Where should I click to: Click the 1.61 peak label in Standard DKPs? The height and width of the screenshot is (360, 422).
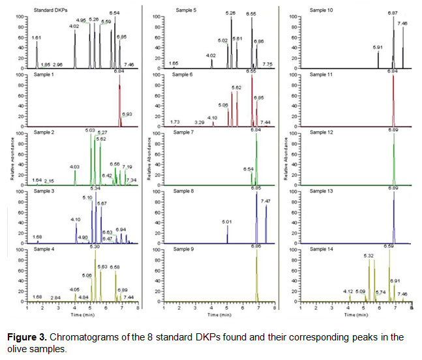37,39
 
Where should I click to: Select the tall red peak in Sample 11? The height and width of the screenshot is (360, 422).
393,98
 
